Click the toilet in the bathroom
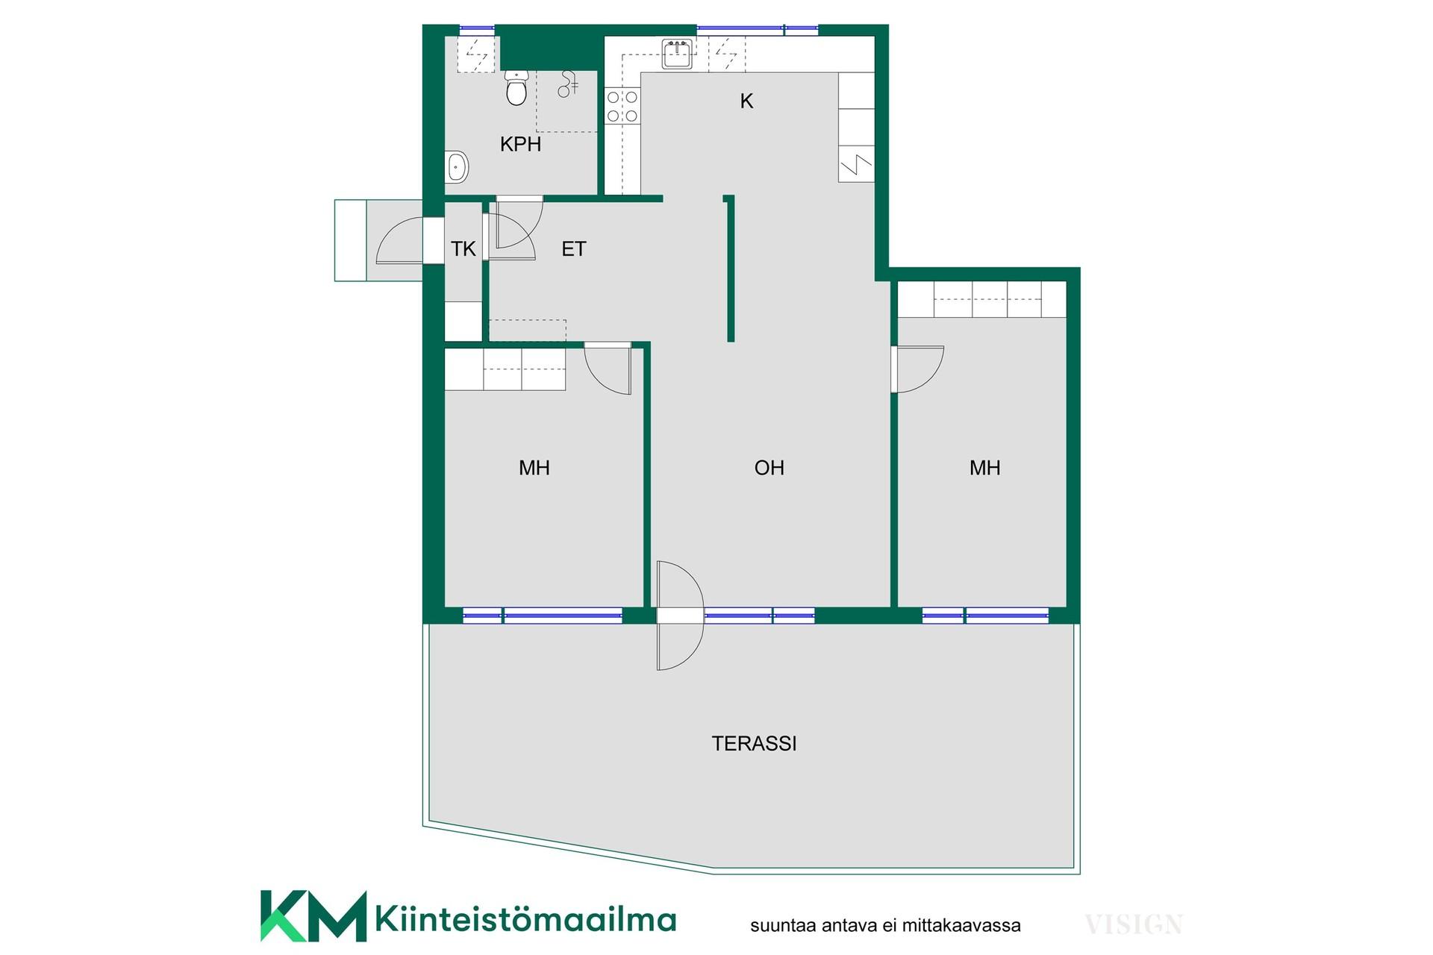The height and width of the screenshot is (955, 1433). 516,87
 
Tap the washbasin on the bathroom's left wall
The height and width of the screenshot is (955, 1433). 456,167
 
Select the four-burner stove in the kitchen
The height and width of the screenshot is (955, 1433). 622,106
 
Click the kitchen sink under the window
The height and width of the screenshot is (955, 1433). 678,54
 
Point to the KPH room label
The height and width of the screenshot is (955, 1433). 520,144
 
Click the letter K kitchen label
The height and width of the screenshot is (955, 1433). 746,101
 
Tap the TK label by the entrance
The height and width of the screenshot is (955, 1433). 463,248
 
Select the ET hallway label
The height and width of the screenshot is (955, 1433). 573,248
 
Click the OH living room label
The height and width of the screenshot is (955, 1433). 769,468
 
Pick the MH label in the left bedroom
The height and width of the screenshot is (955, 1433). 534,468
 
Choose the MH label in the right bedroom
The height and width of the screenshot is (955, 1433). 985,468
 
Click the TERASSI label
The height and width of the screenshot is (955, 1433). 754,743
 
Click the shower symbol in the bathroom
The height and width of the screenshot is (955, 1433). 568,84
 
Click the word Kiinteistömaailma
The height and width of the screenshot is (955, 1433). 525,918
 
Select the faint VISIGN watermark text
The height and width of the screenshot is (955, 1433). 1133,924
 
